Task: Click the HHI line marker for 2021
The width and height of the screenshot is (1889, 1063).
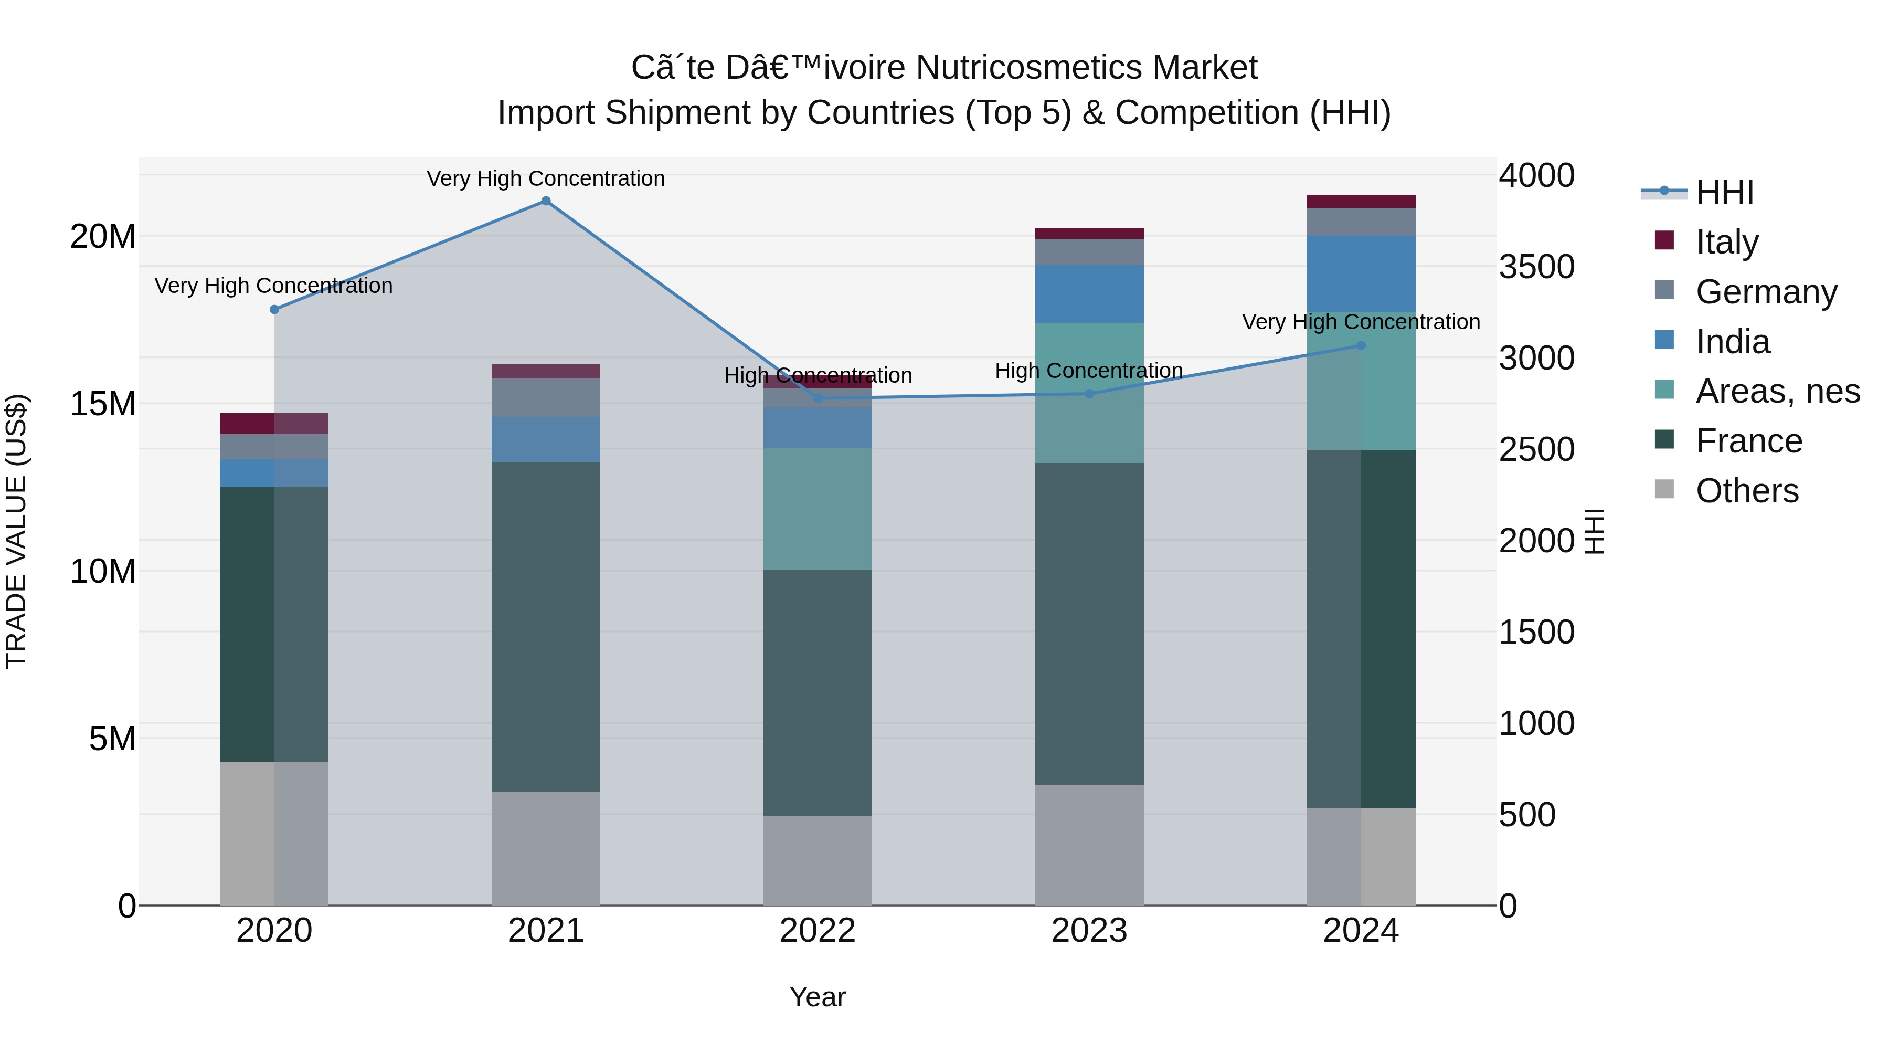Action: coord(546,201)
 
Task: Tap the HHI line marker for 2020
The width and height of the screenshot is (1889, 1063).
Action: coord(274,310)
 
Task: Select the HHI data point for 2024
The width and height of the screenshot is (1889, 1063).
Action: coord(1361,345)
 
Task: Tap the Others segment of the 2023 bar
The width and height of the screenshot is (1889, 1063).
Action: coord(1089,845)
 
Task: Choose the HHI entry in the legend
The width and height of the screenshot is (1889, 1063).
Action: coord(1723,192)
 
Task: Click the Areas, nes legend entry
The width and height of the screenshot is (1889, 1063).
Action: coord(1777,391)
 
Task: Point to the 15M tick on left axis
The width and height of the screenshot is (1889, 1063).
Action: coord(103,404)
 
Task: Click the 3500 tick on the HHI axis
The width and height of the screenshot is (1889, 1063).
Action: coord(1536,267)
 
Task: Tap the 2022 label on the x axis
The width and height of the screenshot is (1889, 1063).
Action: coord(818,931)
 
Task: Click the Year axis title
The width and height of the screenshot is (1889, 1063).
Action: coord(818,997)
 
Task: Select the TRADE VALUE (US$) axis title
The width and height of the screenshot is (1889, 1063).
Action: coord(16,531)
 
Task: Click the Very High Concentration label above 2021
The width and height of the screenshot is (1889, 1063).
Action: coord(546,178)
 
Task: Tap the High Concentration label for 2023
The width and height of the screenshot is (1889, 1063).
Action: coord(1089,371)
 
